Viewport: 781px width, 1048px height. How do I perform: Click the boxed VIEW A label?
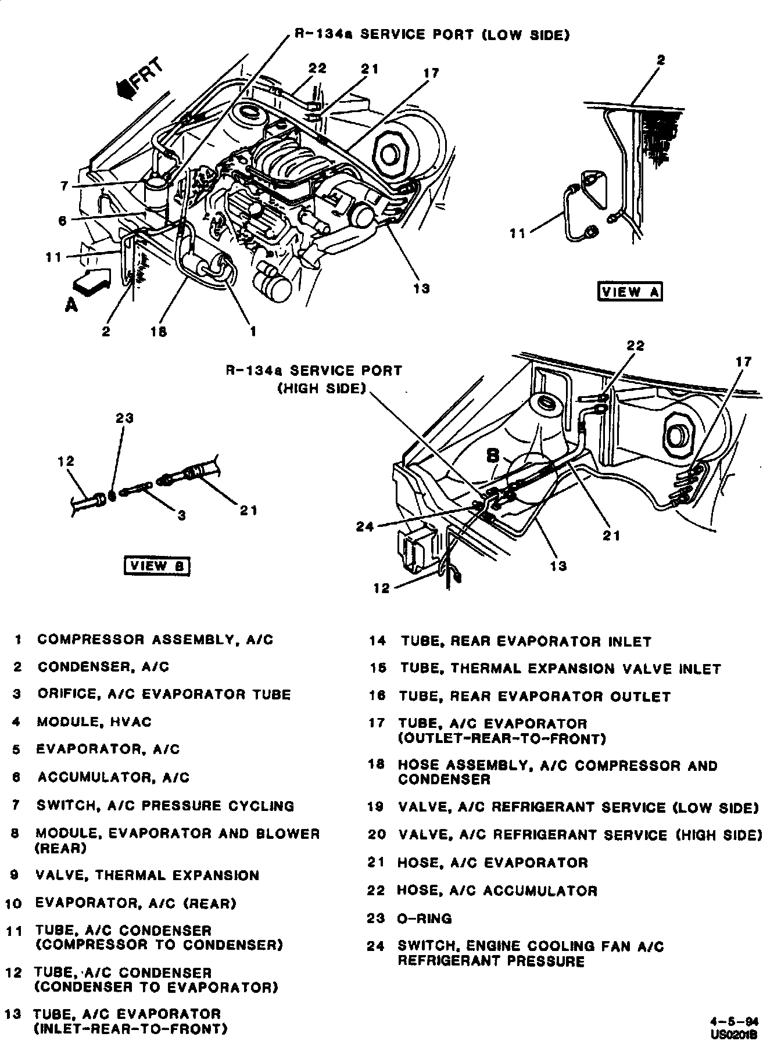click(630, 292)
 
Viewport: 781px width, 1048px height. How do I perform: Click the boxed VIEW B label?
click(157, 565)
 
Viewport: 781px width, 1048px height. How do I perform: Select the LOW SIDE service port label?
click(432, 35)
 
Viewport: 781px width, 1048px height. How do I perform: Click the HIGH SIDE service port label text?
click(314, 379)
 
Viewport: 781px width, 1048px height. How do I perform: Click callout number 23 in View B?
click(124, 418)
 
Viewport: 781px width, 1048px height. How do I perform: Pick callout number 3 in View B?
click(182, 515)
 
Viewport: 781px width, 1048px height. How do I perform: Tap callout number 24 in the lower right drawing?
click(364, 526)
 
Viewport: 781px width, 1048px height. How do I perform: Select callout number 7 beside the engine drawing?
click(65, 186)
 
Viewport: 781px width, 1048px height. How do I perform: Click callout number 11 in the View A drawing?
click(517, 234)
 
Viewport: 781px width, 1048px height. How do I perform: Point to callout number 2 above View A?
click(661, 59)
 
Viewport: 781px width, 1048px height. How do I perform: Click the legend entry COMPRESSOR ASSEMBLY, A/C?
click(155, 640)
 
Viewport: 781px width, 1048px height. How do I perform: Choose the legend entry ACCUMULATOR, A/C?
click(113, 777)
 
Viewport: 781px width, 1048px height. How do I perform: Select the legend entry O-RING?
click(425, 918)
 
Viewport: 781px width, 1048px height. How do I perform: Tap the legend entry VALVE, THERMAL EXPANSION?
click(147, 875)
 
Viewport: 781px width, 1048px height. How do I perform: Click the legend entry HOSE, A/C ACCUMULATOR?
click(497, 891)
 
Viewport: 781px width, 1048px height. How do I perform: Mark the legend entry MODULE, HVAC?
click(94, 722)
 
